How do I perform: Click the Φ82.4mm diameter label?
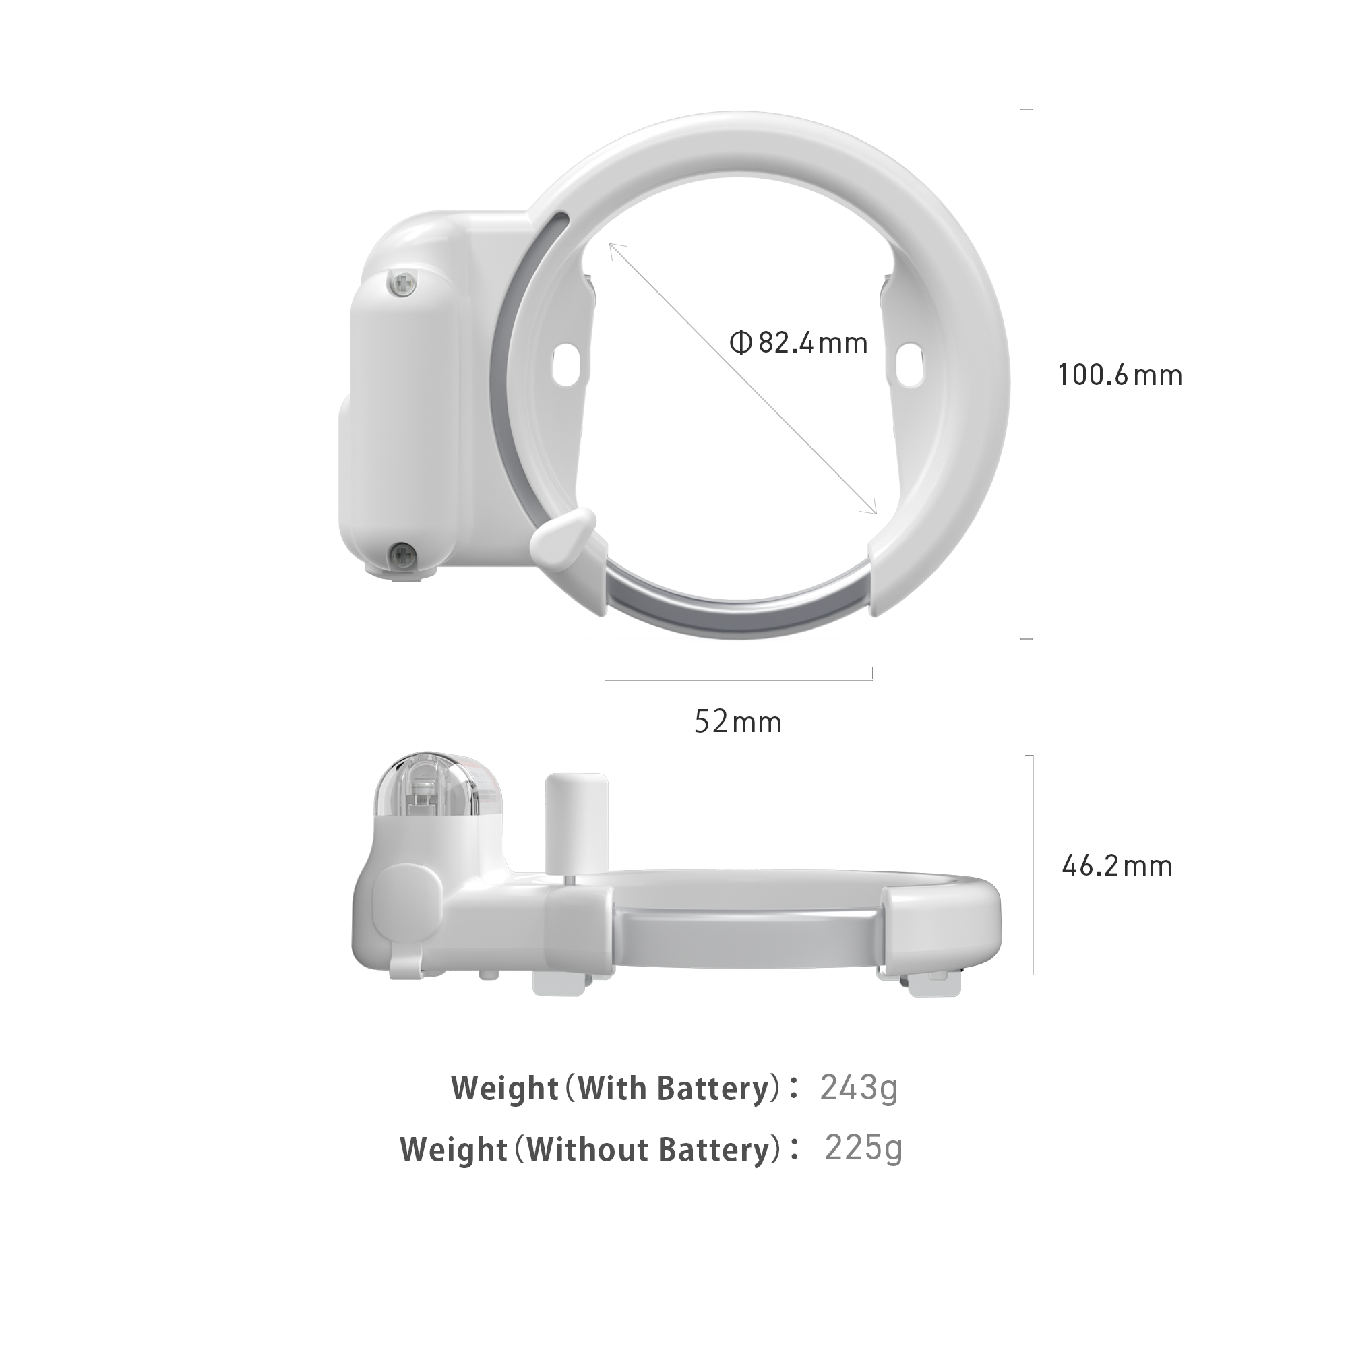tap(798, 342)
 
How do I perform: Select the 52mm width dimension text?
tap(738, 721)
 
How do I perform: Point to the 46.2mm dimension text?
tap(1117, 866)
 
